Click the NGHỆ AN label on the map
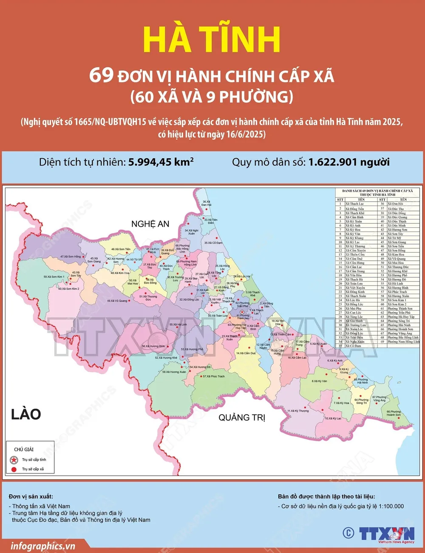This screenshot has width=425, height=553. coord(150,224)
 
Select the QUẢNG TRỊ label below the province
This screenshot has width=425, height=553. coord(242,417)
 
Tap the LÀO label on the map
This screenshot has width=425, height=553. coord(26,414)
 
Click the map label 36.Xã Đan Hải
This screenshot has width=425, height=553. coord(207,203)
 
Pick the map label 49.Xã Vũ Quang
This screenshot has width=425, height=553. coord(117,301)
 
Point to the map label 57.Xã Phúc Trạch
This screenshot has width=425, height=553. coord(213,376)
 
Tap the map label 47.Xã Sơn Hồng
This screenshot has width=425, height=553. coord(70,257)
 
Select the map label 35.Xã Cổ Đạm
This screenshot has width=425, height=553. coord(213,243)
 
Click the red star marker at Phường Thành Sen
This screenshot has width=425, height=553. coord(242,312)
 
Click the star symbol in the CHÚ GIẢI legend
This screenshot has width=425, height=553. coord(14,460)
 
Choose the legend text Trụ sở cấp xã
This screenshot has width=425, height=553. coord(33,469)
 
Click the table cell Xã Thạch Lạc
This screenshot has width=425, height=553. coord(354,204)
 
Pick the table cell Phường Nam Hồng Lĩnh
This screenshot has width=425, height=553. coord(403,342)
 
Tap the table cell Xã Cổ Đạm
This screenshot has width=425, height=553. coord(353,346)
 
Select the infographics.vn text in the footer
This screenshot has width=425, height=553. coord(43,546)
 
